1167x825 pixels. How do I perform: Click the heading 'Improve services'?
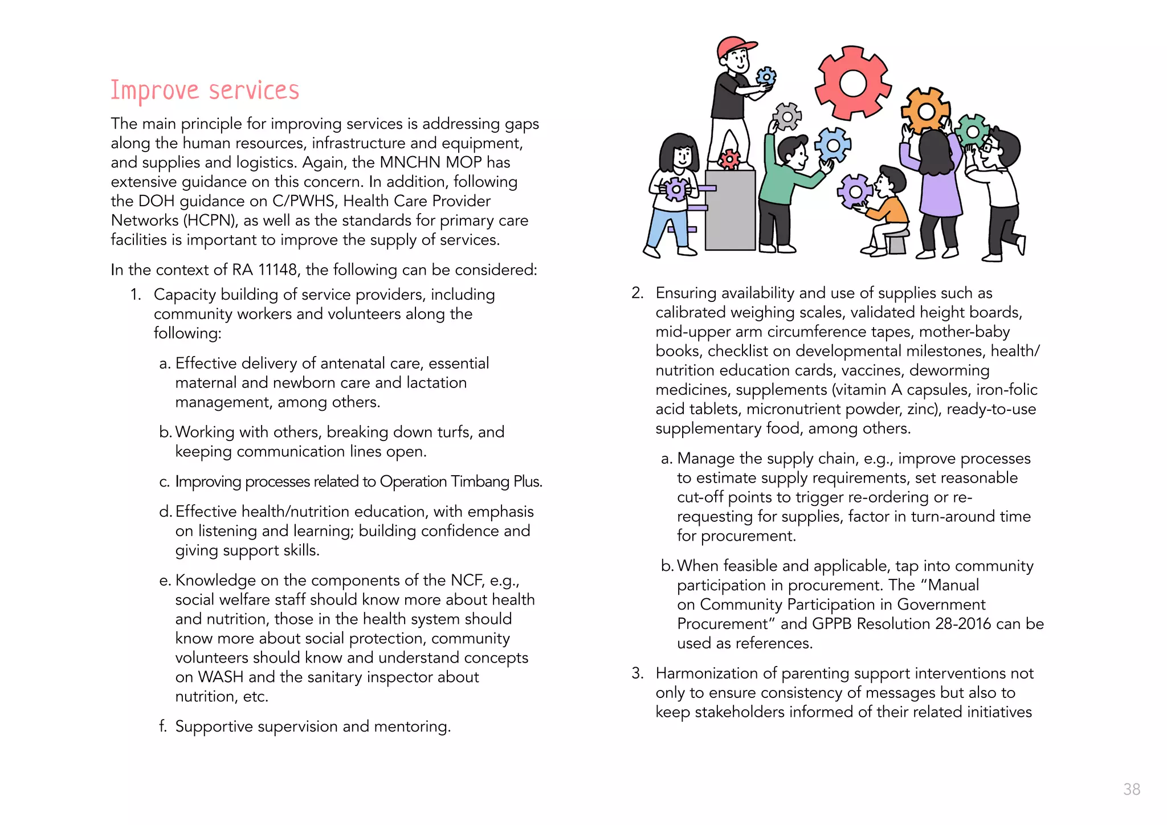pos(205,91)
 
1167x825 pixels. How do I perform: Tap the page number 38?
pos(1131,789)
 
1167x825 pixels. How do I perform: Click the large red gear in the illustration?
pos(852,83)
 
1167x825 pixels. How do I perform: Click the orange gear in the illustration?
pos(925,111)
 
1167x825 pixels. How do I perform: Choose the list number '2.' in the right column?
pos(637,293)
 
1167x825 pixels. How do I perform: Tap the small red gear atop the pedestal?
pos(729,159)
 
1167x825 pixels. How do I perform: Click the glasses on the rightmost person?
pos(990,146)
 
